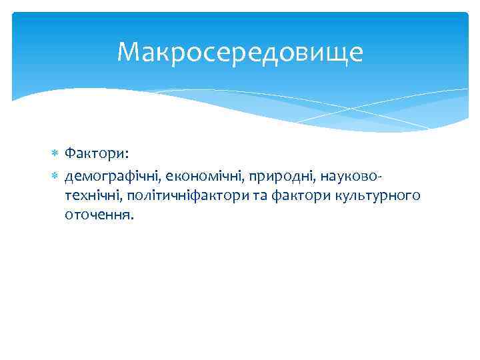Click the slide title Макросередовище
(240, 52)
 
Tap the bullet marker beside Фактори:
(55, 155)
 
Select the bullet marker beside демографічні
(55, 175)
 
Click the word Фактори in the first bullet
(94, 155)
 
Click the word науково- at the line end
(351, 175)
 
